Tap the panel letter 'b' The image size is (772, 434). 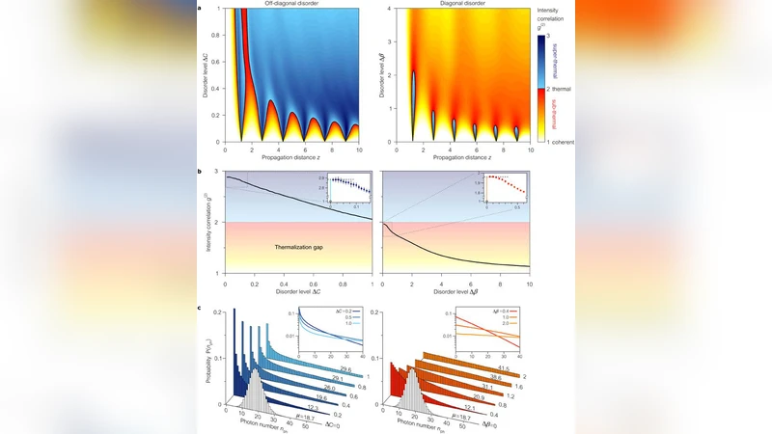click(x=200, y=171)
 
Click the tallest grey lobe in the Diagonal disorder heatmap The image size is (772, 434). click(x=413, y=96)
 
